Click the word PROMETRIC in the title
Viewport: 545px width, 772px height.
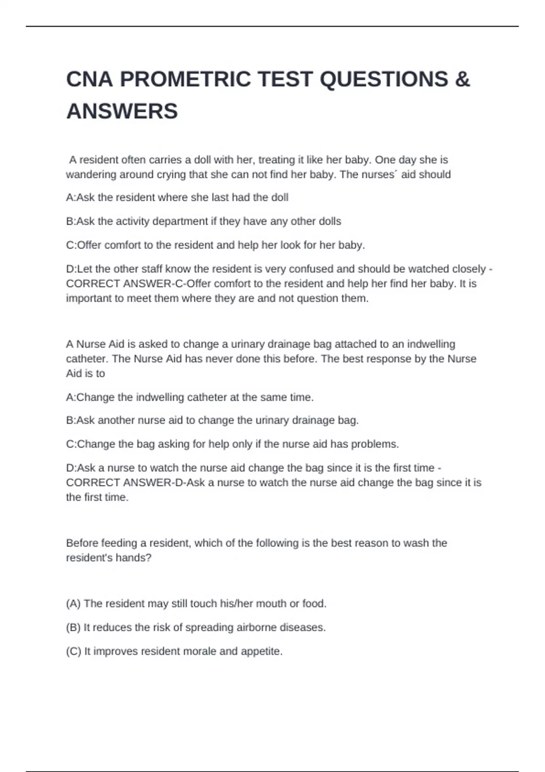[185, 79]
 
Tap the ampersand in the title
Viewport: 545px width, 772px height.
[462, 79]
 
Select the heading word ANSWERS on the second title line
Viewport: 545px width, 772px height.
[122, 112]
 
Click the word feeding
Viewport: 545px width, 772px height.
[119, 543]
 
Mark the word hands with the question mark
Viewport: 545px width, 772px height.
[135, 558]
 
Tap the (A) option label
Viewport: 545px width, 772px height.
[73, 604]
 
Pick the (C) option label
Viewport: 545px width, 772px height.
[73, 651]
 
